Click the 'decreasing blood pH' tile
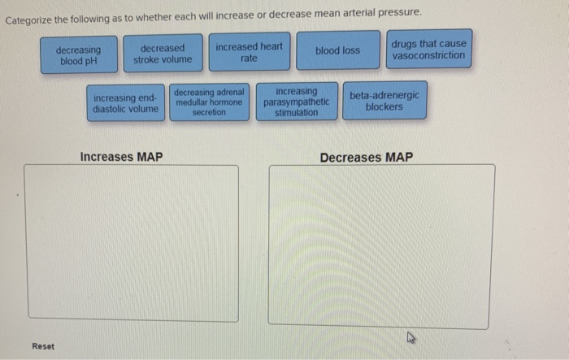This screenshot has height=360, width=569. pyautogui.click(x=79, y=54)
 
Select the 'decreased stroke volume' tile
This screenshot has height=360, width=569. pyautogui.click(x=163, y=54)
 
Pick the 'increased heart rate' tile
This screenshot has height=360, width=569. pyautogui.click(x=250, y=52)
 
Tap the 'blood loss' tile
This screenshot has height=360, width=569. pyautogui.click(x=338, y=50)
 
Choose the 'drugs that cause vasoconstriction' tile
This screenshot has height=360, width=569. pyautogui.click(x=429, y=49)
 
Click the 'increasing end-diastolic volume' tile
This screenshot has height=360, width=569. pyautogui.click(x=126, y=103)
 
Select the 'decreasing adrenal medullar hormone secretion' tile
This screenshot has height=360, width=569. pyautogui.click(x=210, y=102)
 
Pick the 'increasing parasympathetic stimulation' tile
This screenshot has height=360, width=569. pyautogui.click(x=297, y=102)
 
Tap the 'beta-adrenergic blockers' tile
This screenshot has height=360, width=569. pyautogui.click(x=384, y=101)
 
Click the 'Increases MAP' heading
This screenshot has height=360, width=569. pyautogui.click(x=122, y=157)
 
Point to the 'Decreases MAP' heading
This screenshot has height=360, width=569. pyautogui.click(x=367, y=158)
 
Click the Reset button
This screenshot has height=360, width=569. pyautogui.click(x=43, y=346)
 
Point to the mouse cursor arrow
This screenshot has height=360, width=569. pyautogui.click(x=410, y=337)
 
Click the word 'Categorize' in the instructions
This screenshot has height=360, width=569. pyautogui.click(x=28, y=20)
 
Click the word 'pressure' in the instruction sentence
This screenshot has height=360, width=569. pyautogui.click(x=400, y=13)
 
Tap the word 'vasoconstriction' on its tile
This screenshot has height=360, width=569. pyautogui.click(x=428, y=55)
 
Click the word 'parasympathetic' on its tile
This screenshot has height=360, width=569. pyautogui.click(x=297, y=102)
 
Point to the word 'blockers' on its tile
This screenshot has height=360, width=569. pyautogui.click(x=384, y=106)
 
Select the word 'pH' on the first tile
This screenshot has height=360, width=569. pyautogui.click(x=91, y=61)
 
